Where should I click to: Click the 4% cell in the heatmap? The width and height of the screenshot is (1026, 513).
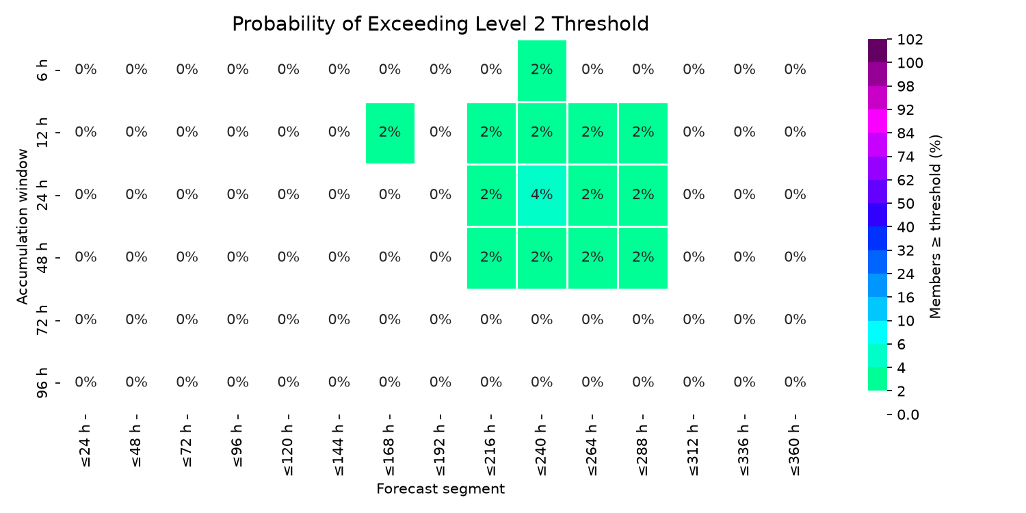[542, 196]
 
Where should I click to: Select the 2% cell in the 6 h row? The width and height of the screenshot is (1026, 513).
[542, 70]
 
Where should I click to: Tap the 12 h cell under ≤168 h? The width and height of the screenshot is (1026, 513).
[391, 133]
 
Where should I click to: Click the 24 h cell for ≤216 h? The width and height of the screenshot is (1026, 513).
[492, 196]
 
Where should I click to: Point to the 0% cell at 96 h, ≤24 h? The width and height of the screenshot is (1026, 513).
[86, 382]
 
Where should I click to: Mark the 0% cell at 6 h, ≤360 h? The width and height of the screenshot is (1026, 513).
[795, 69]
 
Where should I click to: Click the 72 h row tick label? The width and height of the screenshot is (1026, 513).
[42, 319]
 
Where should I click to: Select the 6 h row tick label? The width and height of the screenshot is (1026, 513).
[42, 70]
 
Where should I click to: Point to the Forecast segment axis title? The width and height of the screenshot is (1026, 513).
[440, 489]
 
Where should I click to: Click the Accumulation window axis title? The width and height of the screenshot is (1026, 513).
[23, 226]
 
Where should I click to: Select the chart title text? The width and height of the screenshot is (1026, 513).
[440, 24]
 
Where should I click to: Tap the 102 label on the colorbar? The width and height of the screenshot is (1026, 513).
[910, 40]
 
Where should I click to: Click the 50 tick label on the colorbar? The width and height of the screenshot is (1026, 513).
[906, 204]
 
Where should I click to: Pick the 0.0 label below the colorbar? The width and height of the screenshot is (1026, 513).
[908, 415]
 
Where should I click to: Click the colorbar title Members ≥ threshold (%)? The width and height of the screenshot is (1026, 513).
[935, 226]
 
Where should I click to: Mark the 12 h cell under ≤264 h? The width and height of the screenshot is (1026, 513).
[593, 133]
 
